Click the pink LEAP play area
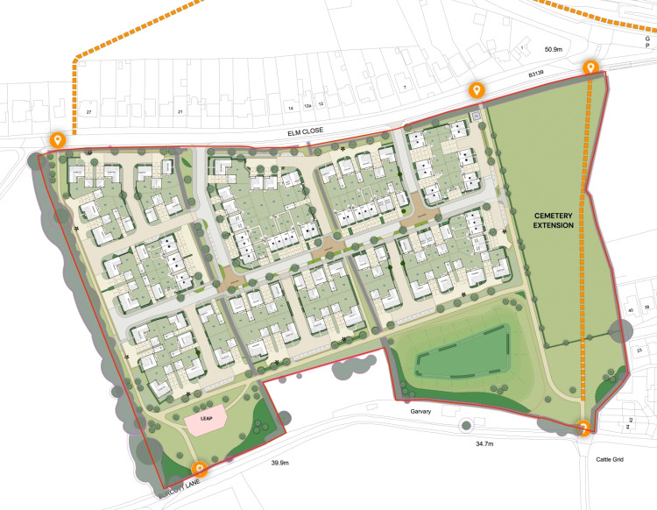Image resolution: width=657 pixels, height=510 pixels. tap(208, 421)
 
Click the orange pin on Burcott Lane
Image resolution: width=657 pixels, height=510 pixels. tap(200, 469)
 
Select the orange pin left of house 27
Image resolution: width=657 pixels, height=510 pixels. tap(57, 138)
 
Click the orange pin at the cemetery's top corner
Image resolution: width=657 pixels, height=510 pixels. tap(592, 67)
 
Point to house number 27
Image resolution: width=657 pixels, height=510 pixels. tap(88, 112)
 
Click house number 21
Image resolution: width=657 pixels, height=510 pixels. tap(180, 112)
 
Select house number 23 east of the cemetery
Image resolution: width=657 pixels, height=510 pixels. tap(639, 350)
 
